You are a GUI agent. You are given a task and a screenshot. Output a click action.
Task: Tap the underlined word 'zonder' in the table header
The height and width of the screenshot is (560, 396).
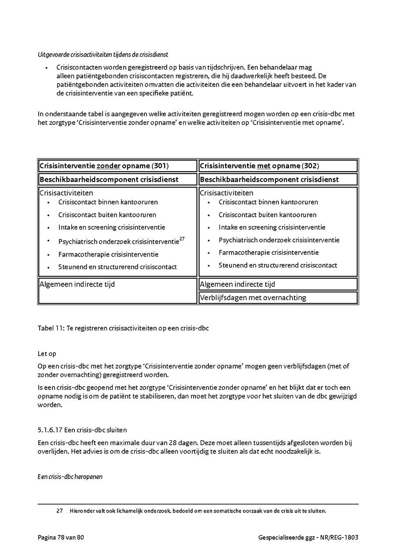pyautogui.click(x=108, y=166)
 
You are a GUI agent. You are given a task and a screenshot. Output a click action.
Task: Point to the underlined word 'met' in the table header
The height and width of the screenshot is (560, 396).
pyautogui.click(x=264, y=166)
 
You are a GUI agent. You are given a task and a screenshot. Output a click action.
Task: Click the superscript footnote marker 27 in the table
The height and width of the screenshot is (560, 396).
pyautogui.click(x=182, y=239)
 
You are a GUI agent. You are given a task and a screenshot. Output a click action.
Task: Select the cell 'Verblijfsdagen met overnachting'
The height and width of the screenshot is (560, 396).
pyautogui.click(x=253, y=298)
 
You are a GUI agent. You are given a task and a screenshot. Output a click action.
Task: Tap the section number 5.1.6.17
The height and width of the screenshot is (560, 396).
pyautogui.click(x=50, y=430)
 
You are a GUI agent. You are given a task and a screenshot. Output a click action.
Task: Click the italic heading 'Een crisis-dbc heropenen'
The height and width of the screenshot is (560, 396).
pyautogui.click(x=70, y=476)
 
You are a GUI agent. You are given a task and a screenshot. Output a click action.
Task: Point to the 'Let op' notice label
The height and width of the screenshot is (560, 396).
pyautogui.click(x=47, y=354)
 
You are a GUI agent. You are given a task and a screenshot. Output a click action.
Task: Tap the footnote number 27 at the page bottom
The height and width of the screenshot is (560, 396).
pyautogui.click(x=60, y=511)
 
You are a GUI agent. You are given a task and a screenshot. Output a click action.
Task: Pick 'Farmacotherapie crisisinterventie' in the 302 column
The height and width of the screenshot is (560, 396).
pyautogui.click(x=268, y=253)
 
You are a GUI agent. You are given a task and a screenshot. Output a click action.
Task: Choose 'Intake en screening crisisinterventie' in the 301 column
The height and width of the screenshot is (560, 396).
pyautogui.click(x=111, y=227)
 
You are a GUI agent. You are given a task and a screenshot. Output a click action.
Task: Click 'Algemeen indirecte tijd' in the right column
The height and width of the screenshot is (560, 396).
pyautogui.click(x=237, y=284)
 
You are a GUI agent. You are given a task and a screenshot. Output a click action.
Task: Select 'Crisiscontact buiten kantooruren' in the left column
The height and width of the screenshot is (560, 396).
pyautogui.click(x=107, y=215)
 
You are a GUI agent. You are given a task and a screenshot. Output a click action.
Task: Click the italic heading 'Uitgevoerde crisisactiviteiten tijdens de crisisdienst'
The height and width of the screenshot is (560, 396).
pyautogui.click(x=103, y=55)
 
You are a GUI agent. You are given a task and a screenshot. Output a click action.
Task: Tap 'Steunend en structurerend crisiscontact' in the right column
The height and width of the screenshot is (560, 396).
pyautogui.click(x=278, y=265)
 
